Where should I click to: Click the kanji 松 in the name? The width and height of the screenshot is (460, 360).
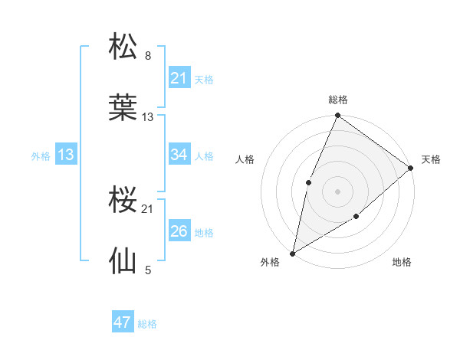point(123,47)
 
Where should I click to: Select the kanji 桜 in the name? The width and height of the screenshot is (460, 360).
point(123,201)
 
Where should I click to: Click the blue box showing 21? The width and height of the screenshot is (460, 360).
point(179,78)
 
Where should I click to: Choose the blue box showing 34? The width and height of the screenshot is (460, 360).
point(179,155)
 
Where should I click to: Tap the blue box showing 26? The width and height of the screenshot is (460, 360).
point(179,231)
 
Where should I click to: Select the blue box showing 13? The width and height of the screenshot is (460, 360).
point(66,155)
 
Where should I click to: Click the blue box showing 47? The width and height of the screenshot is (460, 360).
point(123,323)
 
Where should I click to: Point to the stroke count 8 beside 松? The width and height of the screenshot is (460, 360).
point(148,55)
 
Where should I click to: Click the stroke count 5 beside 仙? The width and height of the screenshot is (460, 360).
point(148,270)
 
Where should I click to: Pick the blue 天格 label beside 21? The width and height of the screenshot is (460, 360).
point(204,79)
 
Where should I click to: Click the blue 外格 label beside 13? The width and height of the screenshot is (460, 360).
point(41,155)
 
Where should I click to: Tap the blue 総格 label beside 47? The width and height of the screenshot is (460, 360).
point(147,324)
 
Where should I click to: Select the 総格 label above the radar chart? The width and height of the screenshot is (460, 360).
point(338,100)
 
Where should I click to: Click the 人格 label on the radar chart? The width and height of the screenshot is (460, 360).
point(245,159)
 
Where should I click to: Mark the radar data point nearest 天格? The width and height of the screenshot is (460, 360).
point(411,168)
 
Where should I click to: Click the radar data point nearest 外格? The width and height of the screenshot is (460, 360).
point(293,253)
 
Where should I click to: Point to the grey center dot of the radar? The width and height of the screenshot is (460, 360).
point(337,191)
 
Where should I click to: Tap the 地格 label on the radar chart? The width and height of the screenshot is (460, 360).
point(402,263)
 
